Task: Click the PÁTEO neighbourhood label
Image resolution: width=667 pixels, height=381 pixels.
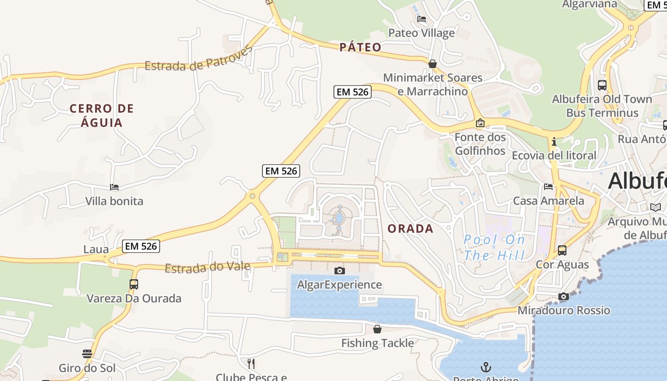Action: (x=361, y=47)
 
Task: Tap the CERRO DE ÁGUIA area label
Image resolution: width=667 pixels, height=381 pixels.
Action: (x=101, y=116)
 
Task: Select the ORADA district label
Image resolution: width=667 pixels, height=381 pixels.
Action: (x=410, y=229)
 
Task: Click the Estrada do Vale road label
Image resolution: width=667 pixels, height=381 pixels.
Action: (x=207, y=267)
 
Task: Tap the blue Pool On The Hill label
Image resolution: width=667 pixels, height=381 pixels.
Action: (x=495, y=247)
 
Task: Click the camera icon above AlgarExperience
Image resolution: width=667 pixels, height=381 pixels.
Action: (x=339, y=271)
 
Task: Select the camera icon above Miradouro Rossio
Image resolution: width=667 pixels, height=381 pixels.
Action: (x=564, y=297)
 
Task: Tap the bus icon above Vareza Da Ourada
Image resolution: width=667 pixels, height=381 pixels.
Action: (x=134, y=284)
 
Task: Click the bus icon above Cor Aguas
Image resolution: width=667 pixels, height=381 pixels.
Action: (x=562, y=250)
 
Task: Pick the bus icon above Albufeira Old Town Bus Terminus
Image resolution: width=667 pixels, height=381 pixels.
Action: (x=602, y=85)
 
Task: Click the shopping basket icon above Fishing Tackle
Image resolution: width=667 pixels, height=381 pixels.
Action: (x=377, y=329)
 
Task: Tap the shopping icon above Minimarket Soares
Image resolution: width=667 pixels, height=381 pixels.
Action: (x=433, y=64)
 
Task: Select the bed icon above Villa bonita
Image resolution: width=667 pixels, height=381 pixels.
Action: (x=114, y=187)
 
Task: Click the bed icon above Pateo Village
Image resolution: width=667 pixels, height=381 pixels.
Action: (x=422, y=20)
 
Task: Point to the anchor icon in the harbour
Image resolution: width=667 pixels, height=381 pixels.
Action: (x=486, y=367)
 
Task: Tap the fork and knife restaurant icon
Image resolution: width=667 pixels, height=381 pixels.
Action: (x=251, y=364)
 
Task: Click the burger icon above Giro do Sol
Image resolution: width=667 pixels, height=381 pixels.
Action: (x=87, y=354)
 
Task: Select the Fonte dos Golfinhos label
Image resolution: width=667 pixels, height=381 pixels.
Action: (x=480, y=144)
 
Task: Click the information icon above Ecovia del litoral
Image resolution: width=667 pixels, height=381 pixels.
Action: (x=554, y=142)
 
